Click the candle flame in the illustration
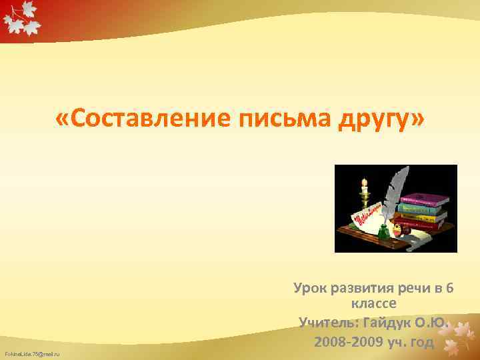[364, 181]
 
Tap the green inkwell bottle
[383, 231]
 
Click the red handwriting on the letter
[363, 215]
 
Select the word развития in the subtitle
[363, 288]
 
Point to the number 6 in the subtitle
[450, 288]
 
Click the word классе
[373, 304]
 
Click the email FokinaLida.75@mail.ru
[32, 353]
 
